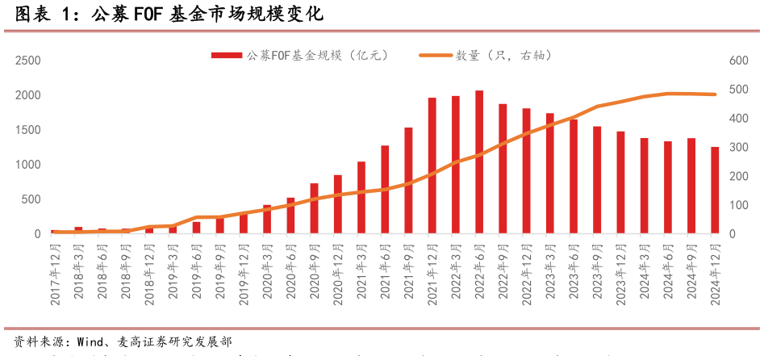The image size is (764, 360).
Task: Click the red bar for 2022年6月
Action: tap(479, 162)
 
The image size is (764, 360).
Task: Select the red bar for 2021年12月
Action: tap(432, 166)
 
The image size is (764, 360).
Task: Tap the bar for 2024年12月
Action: tap(715, 190)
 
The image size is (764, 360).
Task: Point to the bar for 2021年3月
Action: tap(361, 198)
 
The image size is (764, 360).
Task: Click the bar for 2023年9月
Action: tap(597, 180)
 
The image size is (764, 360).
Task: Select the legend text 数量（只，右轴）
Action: tap(503, 56)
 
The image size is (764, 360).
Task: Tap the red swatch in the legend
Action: tap(227, 56)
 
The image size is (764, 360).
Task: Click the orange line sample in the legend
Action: tap(434, 56)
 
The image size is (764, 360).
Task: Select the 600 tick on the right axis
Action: tap(737, 61)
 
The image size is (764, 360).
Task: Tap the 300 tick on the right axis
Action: tap(737, 148)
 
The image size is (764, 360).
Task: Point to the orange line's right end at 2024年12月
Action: tap(715, 94)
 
